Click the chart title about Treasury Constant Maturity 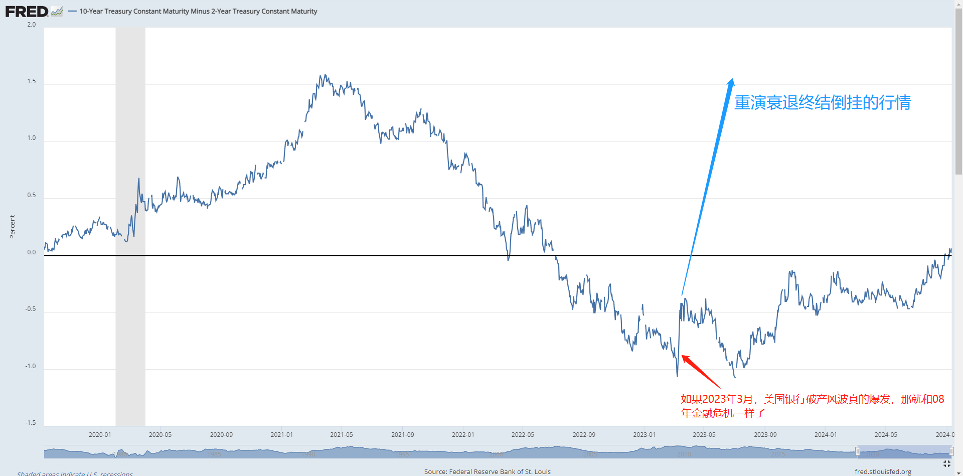click(x=198, y=11)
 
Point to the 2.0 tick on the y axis click(x=32, y=25)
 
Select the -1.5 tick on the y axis click(x=31, y=423)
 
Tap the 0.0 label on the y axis click(x=32, y=252)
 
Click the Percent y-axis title click(x=13, y=227)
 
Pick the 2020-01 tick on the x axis click(x=100, y=434)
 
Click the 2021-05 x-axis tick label click(x=342, y=434)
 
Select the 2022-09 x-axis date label click(x=584, y=434)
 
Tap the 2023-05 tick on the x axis click(x=704, y=434)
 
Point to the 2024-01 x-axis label click(x=826, y=434)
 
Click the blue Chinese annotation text click(x=823, y=102)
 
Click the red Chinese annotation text click(x=812, y=406)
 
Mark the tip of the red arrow click(x=682, y=356)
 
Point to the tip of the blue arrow click(x=732, y=79)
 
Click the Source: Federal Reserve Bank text click(x=487, y=471)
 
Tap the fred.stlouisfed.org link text click(x=883, y=471)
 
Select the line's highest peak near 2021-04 click(x=325, y=75)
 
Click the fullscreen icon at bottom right click(x=946, y=464)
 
